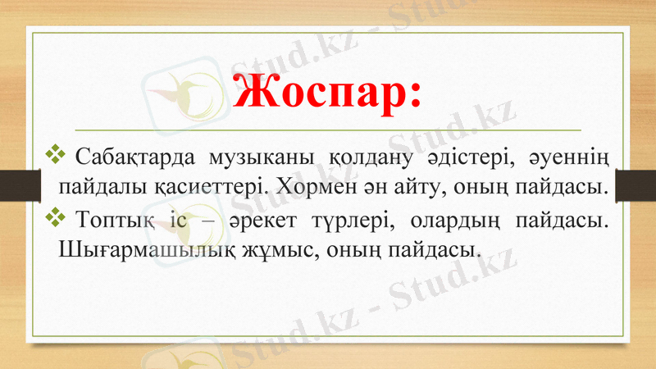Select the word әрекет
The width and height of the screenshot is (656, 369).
(x=268, y=219)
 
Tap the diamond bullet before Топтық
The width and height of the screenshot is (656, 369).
(x=57, y=216)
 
